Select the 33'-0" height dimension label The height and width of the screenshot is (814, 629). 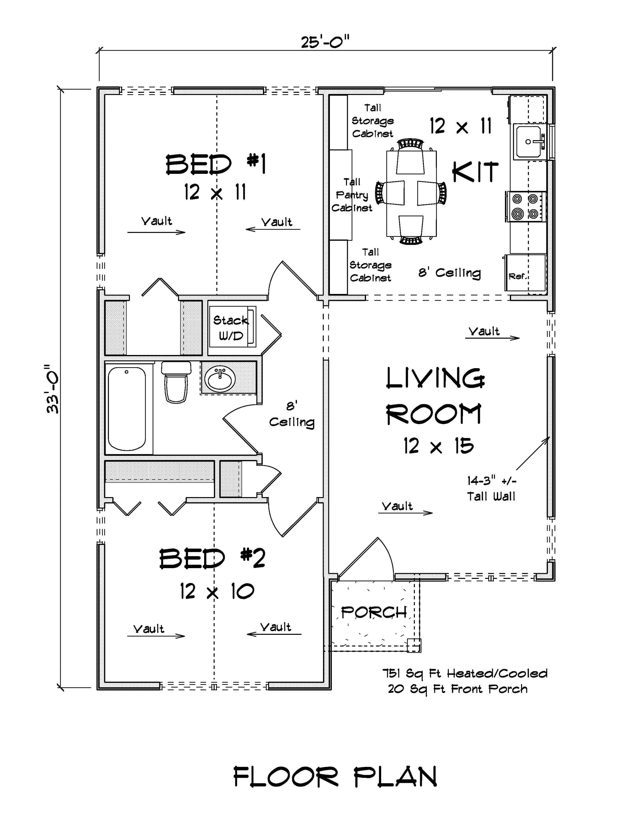click(53, 388)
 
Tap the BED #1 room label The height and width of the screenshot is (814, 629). click(215, 165)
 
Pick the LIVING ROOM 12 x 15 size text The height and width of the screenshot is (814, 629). click(438, 446)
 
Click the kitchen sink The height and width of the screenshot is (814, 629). click(528, 141)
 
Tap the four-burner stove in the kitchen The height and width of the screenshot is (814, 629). click(525, 207)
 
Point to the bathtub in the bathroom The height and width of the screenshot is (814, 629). click(127, 408)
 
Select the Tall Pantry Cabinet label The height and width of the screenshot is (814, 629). click(352, 195)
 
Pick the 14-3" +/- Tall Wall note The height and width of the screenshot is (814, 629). click(492, 489)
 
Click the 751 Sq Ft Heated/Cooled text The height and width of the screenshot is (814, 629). click(465, 673)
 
